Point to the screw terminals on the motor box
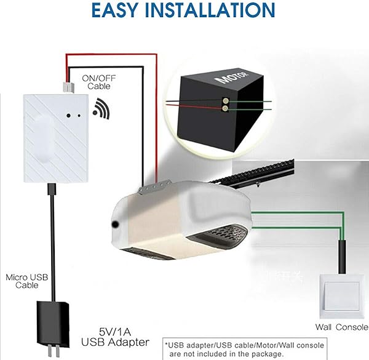(225, 103)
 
